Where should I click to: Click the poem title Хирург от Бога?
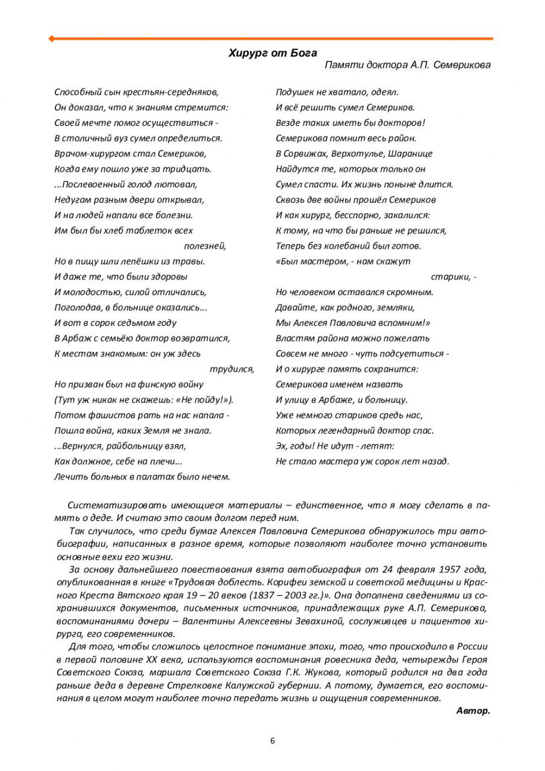(x=272, y=53)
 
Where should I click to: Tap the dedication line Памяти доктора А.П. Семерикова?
(x=407, y=65)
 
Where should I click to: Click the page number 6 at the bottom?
(x=272, y=741)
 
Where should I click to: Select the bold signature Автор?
(x=473, y=711)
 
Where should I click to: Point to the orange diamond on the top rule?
(x=51, y=39)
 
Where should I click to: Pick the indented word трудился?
(x=232, y=369)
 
